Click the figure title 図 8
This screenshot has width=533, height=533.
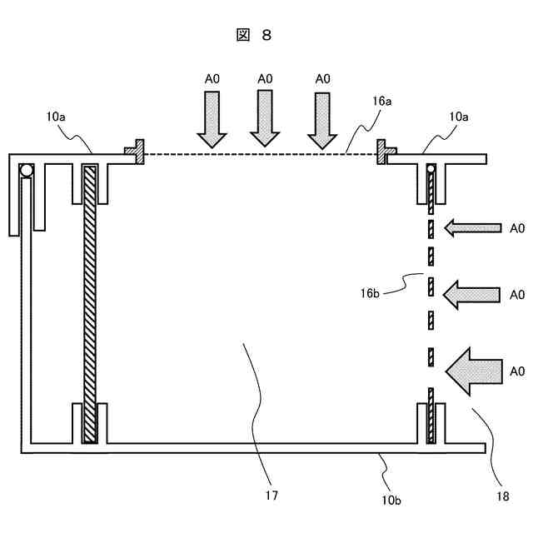[254, 35]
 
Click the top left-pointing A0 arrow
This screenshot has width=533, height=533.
[472, 227]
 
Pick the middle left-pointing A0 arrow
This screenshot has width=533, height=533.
[472, 294]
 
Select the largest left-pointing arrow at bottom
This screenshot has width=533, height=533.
[475, 370]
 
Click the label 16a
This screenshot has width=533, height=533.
[382, 100]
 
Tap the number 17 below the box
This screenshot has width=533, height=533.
[271, 496]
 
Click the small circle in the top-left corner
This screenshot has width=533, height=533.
[27, 170]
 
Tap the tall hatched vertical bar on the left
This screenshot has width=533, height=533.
[90, 304]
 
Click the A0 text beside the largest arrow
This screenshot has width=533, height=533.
[517, 371]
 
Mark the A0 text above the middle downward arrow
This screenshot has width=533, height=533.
[265, 78]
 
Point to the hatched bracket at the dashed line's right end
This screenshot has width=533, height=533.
[384, 151]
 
